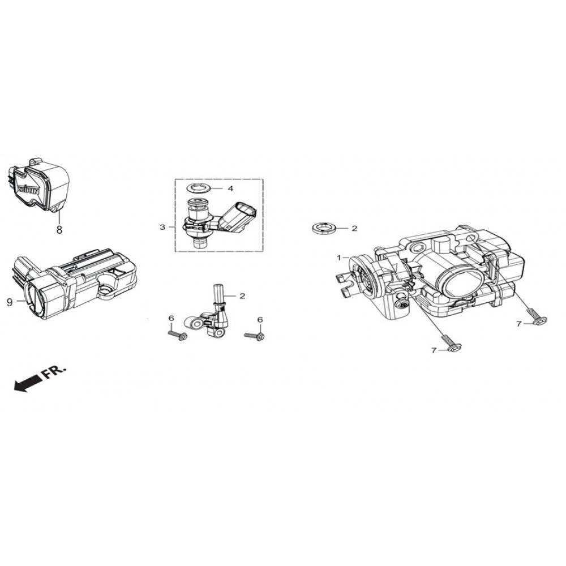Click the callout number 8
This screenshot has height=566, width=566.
tap(59, 230)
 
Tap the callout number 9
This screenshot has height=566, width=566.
tap(9, 302)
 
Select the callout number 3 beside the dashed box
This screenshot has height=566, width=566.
tap(162, 228)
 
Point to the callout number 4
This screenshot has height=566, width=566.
tap(230, 188)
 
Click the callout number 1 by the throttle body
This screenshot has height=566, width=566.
tap(340, 257)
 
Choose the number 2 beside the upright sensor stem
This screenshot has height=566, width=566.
tap(242, 295)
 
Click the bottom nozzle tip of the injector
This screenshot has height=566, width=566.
tap(200, 244)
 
